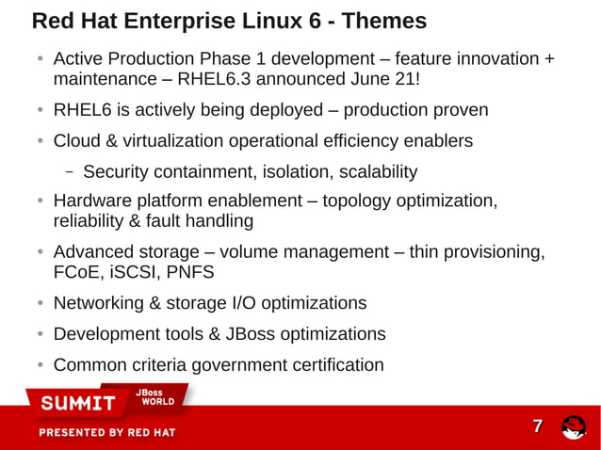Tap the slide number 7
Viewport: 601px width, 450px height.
coord(538,426)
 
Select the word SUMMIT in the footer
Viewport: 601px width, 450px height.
coord(77,404)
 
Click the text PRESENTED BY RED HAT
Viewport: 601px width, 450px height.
coord(106,433)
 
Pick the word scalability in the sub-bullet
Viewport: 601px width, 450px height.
coord(370,172)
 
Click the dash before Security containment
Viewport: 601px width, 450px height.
coord(70,172)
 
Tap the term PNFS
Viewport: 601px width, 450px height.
coord(190,273)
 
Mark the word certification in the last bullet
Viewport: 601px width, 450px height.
coord(333,365)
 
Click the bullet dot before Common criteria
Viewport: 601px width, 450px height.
coord(41,365)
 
